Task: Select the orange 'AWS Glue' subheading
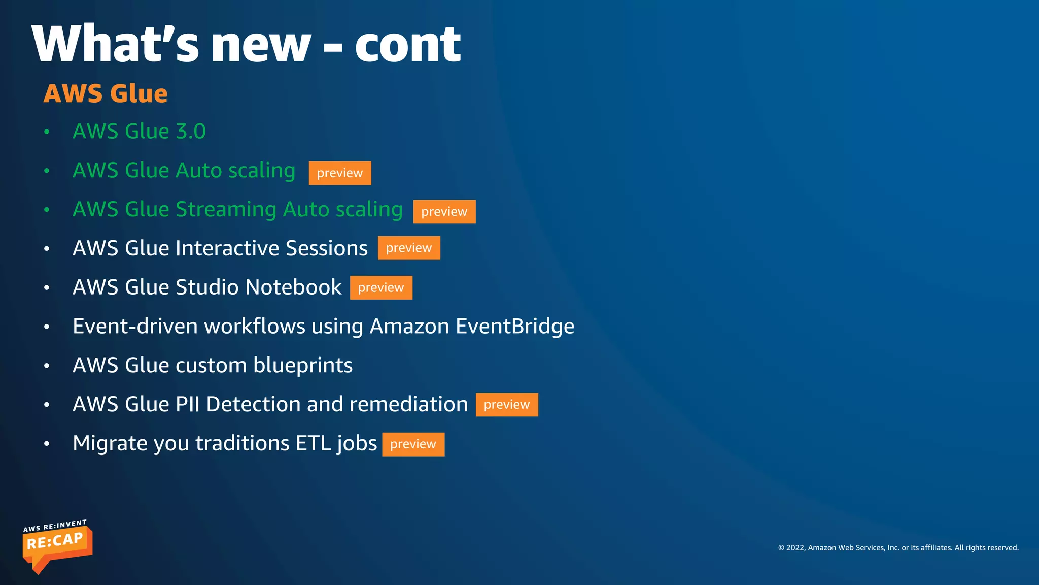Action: (106, 93)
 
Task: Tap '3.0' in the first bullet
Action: (191, 132)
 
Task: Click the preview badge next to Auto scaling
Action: (340, 173)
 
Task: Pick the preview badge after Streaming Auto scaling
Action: (444, 212)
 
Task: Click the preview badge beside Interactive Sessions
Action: (409, 248)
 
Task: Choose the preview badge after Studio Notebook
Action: (381, 287)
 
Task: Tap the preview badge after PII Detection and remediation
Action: (507, 405)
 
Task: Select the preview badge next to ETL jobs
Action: (413, 444)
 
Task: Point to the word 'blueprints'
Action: (303, 366)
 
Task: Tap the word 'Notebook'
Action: (294, 287)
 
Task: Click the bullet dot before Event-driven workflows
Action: (47, 327)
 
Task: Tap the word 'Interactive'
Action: (227, 248)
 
